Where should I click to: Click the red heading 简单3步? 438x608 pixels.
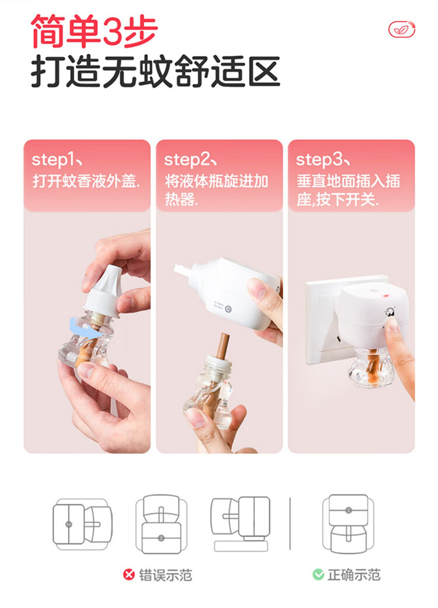(94, 30)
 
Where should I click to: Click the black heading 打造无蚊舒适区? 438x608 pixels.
(155, 72)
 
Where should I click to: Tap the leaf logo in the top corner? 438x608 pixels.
(402, 29)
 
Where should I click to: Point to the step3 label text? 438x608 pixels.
(322, 160)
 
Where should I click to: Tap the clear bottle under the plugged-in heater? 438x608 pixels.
(372, 366)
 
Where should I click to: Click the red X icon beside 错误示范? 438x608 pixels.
(129, 575)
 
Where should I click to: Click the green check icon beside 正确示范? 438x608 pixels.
(318, 575)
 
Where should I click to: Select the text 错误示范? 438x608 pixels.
(165, 575)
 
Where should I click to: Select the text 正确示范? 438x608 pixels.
(354, 575)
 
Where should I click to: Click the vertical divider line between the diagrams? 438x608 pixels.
(290, 524)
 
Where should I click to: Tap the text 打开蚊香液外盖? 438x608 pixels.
(86, 181)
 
